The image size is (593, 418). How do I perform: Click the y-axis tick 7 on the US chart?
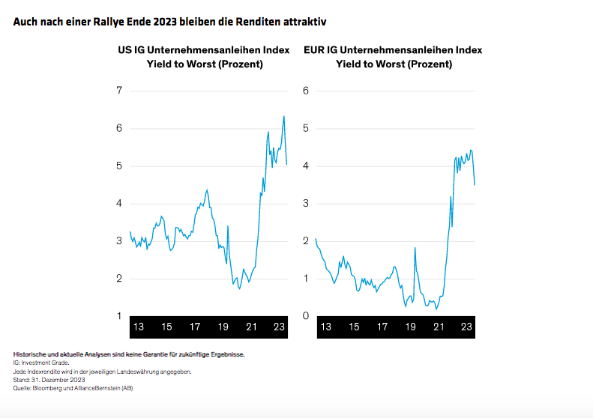coord(119,91)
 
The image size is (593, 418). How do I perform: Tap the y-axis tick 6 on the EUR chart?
coord(306,91)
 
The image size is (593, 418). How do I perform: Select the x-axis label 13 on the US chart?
coord(138,327)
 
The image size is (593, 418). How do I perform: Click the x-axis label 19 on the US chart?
coord(223,327)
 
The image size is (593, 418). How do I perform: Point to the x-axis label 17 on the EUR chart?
coord(382,327)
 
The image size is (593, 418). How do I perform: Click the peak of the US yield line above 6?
coord(283,116)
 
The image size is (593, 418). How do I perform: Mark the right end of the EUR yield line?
coord(475,184)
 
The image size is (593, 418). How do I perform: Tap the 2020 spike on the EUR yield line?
coord(415,248)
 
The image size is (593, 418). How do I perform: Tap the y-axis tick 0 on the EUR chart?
coord(306,316)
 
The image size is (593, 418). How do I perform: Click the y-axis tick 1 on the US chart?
coord(119,316)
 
